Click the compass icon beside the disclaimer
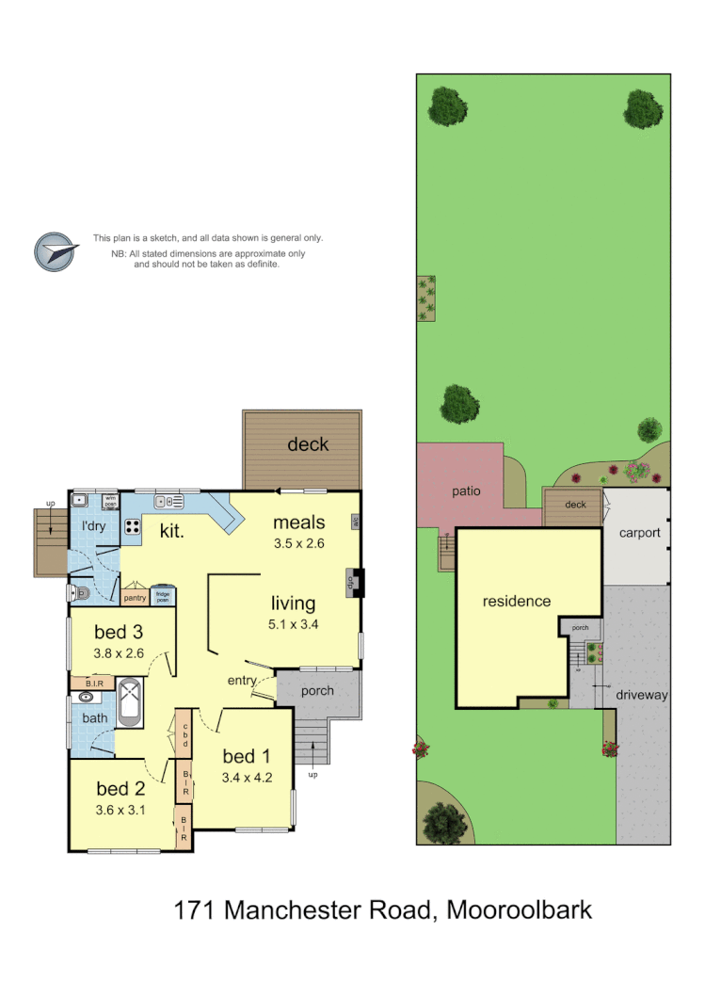coord(54,251)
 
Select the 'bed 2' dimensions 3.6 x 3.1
coord(120,809)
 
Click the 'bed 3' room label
coord(120,632)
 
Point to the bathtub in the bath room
coord(131,701)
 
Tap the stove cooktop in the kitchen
coord(131,527)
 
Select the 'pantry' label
coord(134,598)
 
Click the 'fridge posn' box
coord(163,596)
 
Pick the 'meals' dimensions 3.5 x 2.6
coord(298,543)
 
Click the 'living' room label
coord(294,604)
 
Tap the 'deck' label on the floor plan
coord(308,443)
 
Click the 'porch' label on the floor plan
coord(317,691)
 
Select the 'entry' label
coord(243,681)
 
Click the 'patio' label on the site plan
coord(465,491)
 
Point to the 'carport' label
coord(639,533)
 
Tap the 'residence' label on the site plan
coord(516,601)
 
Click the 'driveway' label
coord(642,695)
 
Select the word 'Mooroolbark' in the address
coord(519,910)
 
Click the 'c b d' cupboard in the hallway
coord(184,733)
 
